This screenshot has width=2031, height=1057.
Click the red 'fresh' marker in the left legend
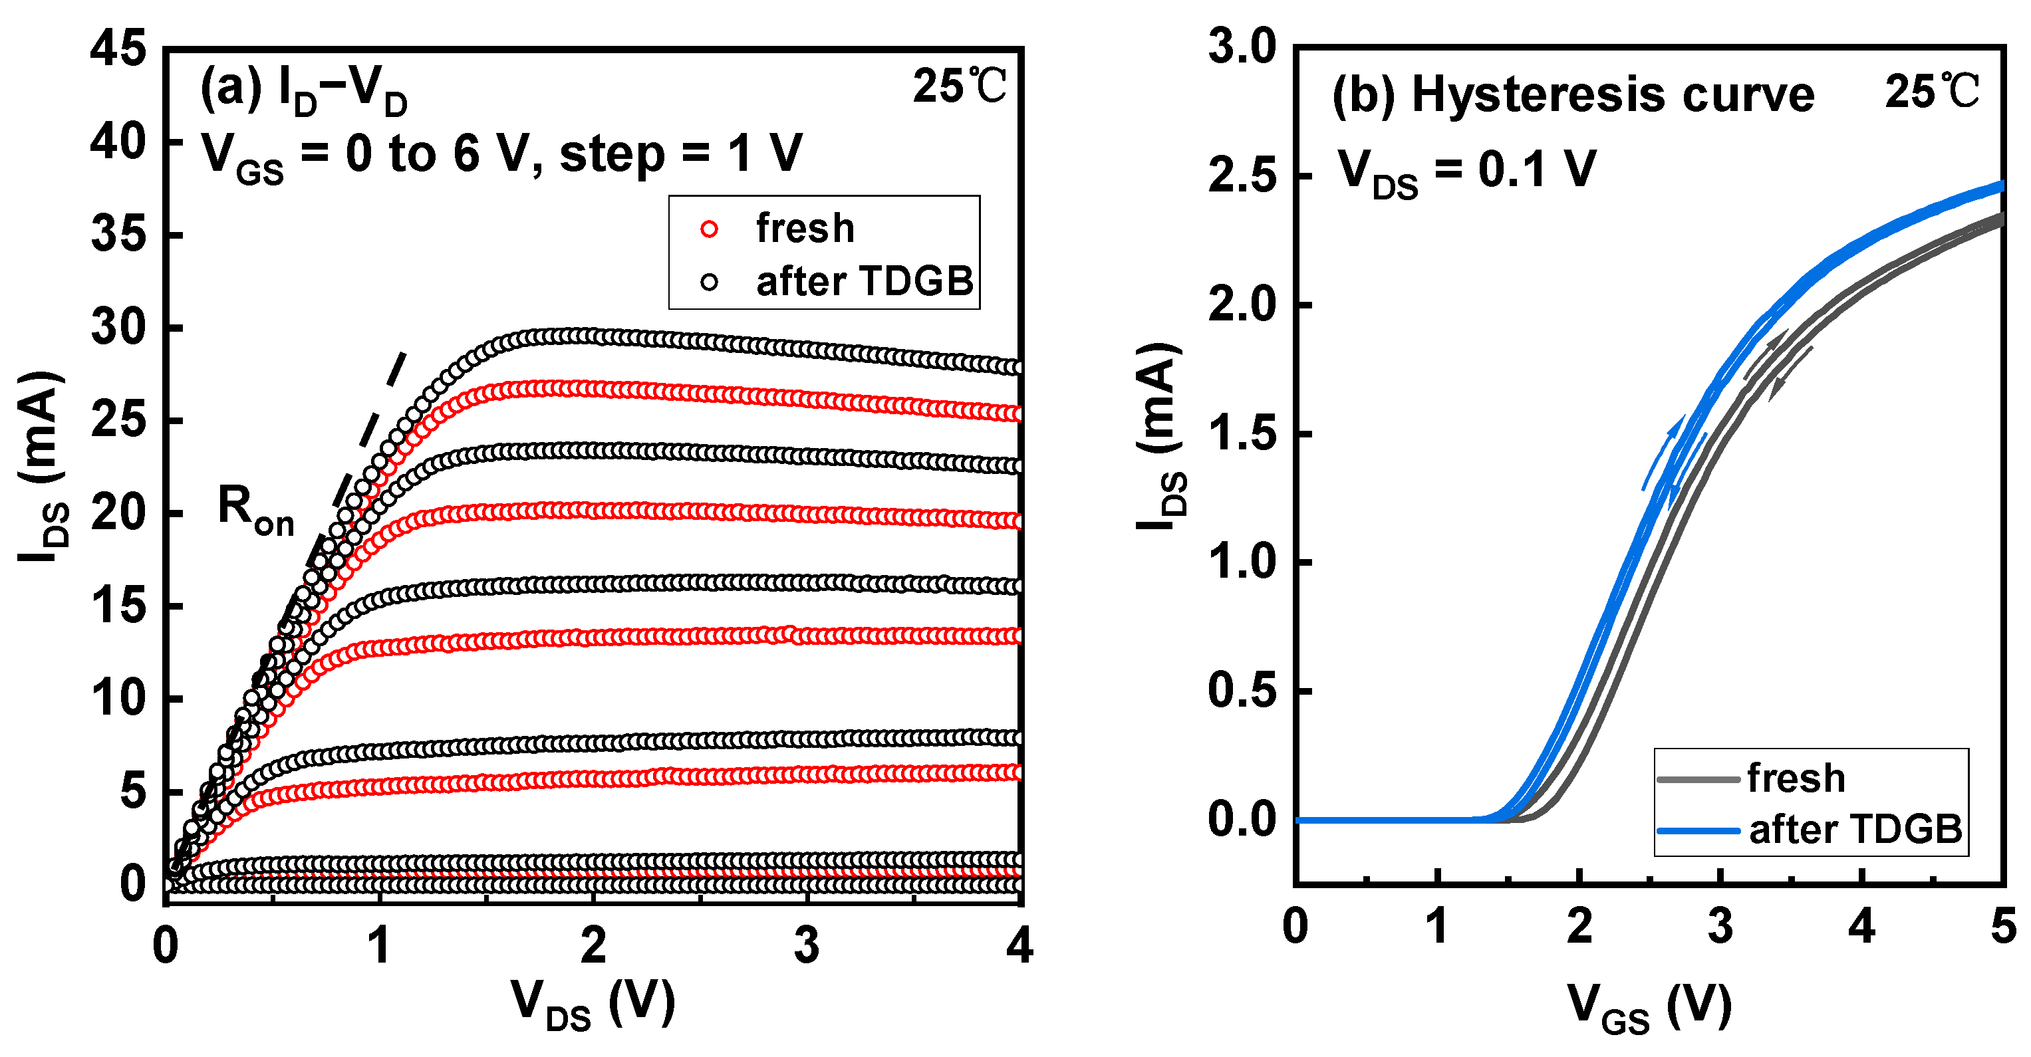coord(709,229)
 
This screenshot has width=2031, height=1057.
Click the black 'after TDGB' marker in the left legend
coord(709,281)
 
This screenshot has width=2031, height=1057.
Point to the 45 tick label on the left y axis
coord(118,49)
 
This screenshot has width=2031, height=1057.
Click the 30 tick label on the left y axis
coord(118,327)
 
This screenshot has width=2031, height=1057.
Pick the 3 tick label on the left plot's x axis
coord(806,945)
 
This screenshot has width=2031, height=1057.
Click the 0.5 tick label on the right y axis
coord(1242,691)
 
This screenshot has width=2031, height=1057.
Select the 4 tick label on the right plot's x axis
coord(1861,926)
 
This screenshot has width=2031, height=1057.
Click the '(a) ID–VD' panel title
coord(303,93)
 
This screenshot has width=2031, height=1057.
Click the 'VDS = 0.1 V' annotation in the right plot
coord(1466,172)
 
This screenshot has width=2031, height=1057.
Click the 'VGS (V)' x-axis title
coord(1649,1006)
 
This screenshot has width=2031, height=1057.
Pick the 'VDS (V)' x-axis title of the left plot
coord(593,1003)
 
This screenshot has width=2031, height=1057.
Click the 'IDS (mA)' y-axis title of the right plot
coord(1161,437)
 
